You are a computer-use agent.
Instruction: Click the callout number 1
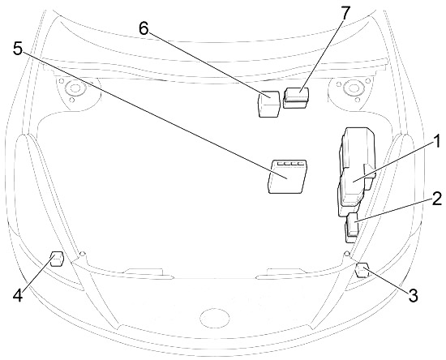point(437,141)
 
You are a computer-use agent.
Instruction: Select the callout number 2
point(436,199)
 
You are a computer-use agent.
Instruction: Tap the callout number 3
point(413,295)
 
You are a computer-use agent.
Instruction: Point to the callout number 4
point(18,295)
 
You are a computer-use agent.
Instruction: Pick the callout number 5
point(18,49)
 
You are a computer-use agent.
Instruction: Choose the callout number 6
point(144,28)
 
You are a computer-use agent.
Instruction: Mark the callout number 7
point(345,13)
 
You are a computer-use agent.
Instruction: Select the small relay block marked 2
point(352,228)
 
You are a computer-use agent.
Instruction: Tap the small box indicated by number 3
point(362,270)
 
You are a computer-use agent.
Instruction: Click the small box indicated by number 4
point(57,259)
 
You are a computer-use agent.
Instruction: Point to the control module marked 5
point(287,177)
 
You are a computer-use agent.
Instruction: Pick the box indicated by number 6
point(268,104)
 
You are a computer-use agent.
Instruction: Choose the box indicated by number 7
point(296,98)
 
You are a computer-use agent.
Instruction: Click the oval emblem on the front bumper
point(215,318)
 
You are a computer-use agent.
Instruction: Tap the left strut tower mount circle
point(75,88)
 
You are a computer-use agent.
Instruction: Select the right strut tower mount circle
point(354,88)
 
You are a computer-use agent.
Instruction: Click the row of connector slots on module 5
point(290,164)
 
